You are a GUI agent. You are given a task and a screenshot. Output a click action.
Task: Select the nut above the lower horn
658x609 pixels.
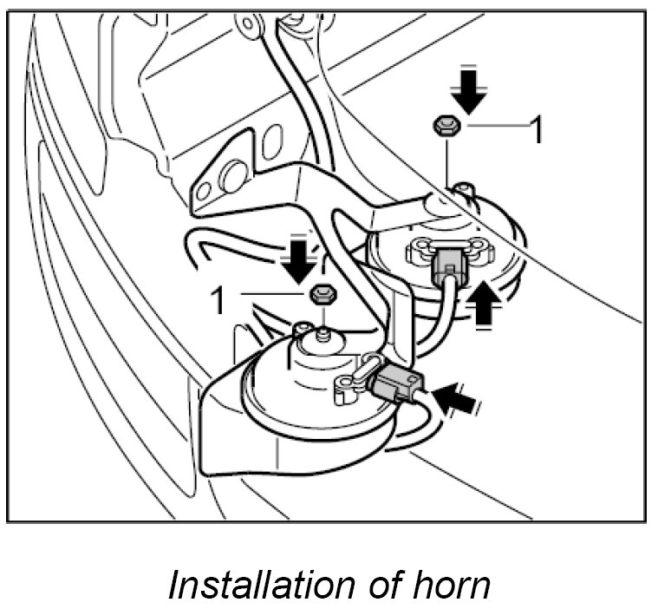pyautogui.click(x=321, y=293)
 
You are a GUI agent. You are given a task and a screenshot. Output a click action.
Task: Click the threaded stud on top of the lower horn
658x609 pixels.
pyautogui.click(x=322, y=332)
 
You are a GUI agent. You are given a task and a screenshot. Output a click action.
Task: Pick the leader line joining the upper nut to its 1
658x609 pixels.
pyautogui.click(x=496, y=127)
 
